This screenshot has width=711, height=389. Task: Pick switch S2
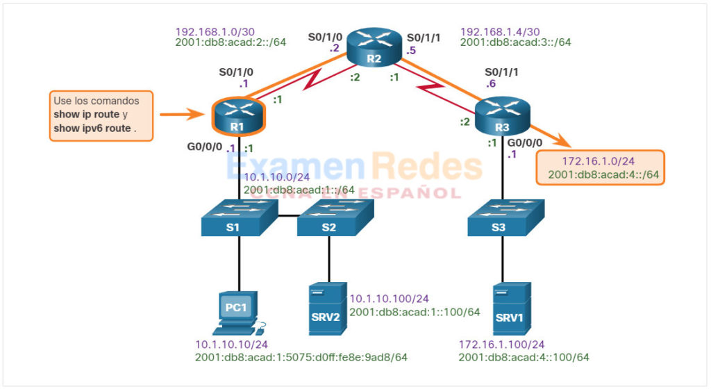329,217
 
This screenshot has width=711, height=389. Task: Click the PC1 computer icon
237,311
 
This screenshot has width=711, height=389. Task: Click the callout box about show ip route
101,115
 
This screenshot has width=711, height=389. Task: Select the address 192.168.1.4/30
499,31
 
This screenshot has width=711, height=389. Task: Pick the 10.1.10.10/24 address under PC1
231,345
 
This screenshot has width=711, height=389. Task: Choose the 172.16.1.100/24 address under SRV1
502,345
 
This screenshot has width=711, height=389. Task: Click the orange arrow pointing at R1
183,115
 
